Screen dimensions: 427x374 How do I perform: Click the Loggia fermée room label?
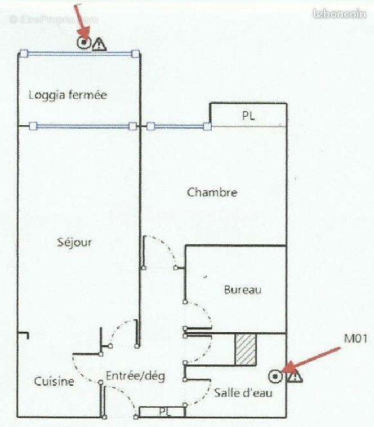pos(68,95)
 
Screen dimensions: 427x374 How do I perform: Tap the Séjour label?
pos(74,243)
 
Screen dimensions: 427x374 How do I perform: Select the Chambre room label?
pos(212,192)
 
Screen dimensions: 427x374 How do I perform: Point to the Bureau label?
pos(243,290)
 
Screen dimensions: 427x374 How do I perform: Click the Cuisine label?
pos(54,381)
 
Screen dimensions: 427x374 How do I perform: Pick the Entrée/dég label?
pos(136,376)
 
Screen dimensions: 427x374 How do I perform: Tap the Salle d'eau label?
pos(243,392)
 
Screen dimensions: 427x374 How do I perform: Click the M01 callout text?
pos(356,339)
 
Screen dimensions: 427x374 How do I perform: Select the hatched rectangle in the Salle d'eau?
pos(246,350)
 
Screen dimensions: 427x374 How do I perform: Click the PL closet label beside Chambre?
pos(248,116)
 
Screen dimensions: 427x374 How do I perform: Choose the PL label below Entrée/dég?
pos(163,412)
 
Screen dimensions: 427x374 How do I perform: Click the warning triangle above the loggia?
pos(99,43)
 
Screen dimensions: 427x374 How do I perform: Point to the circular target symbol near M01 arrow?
pos(276,376)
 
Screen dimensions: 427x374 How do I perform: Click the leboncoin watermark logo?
pos(340,15)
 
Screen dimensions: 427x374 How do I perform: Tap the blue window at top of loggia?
pos(79,54)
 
